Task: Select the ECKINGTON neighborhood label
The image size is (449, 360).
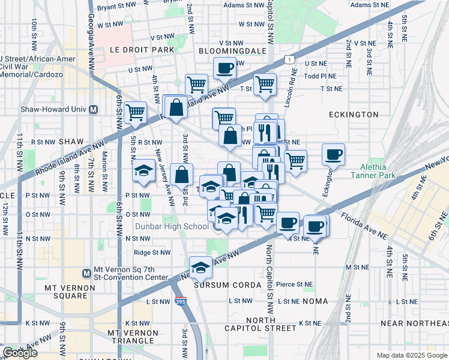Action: tap(354, 114)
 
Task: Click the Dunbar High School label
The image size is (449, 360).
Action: tap(170, 226)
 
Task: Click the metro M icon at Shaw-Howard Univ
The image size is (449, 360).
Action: tap(93, 109)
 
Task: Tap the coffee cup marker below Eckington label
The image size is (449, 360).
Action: tap(333, 155)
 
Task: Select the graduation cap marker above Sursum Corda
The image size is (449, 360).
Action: tap(200, 267)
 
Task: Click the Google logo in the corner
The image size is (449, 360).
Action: tap(20, 353)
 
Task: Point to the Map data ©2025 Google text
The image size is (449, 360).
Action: tap(412, 355)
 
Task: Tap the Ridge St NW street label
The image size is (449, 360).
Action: tap(150, 253)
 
